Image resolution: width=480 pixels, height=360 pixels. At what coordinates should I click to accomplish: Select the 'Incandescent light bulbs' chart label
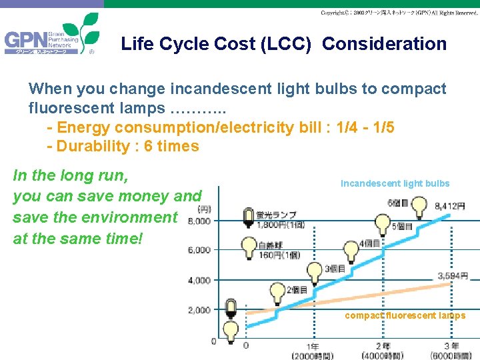coord(395,183)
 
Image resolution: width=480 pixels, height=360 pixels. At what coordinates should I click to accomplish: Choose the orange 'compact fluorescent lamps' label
coord(405,315)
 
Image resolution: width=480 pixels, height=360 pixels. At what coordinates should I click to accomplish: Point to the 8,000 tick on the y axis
coord(199,221)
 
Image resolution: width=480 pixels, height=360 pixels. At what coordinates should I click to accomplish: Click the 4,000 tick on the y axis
coord(199,281)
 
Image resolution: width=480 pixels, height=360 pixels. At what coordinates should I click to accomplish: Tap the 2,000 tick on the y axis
coord(199,311)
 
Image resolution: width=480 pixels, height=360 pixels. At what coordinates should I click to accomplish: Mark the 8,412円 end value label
coord(449,207)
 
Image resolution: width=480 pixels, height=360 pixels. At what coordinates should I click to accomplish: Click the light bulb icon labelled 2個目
coord(277,292)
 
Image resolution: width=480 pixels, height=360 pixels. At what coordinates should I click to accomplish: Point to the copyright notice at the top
coord(399,13)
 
